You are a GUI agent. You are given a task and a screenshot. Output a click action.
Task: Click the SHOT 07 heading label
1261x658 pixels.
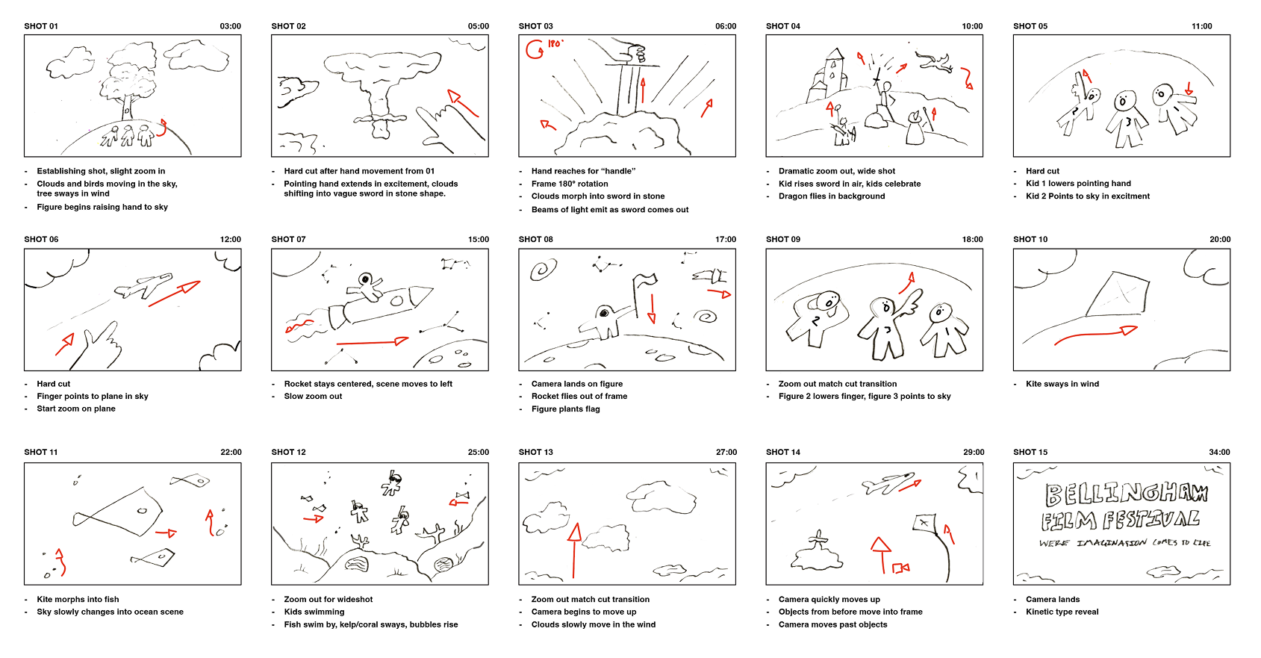[288, 240]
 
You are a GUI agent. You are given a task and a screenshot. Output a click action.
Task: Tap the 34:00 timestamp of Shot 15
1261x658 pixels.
[1219, 453]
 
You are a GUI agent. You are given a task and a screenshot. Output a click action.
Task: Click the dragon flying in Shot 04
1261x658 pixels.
[936, 62]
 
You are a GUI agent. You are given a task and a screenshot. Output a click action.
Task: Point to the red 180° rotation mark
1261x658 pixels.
[544, 48]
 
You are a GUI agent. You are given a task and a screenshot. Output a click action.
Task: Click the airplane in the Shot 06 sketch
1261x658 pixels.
[143, 286]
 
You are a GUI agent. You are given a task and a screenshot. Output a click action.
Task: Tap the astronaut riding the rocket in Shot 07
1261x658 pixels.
[366, 287]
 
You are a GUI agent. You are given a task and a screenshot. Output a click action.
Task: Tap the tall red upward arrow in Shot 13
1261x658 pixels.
[574, 550]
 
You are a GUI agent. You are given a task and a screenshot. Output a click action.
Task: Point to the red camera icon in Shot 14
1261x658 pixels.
[901, 568]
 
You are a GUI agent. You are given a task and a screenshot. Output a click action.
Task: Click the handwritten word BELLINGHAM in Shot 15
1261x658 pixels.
[1125, 493]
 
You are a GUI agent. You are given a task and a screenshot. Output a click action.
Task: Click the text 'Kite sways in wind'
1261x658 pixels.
[1062, 384]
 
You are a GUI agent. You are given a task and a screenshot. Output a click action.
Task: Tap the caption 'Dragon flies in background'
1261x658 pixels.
[831, 196]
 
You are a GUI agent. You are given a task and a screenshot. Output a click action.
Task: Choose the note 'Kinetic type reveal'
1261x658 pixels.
[1062, 612]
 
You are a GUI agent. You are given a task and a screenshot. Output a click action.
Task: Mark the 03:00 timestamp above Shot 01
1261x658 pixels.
[230, 26]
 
